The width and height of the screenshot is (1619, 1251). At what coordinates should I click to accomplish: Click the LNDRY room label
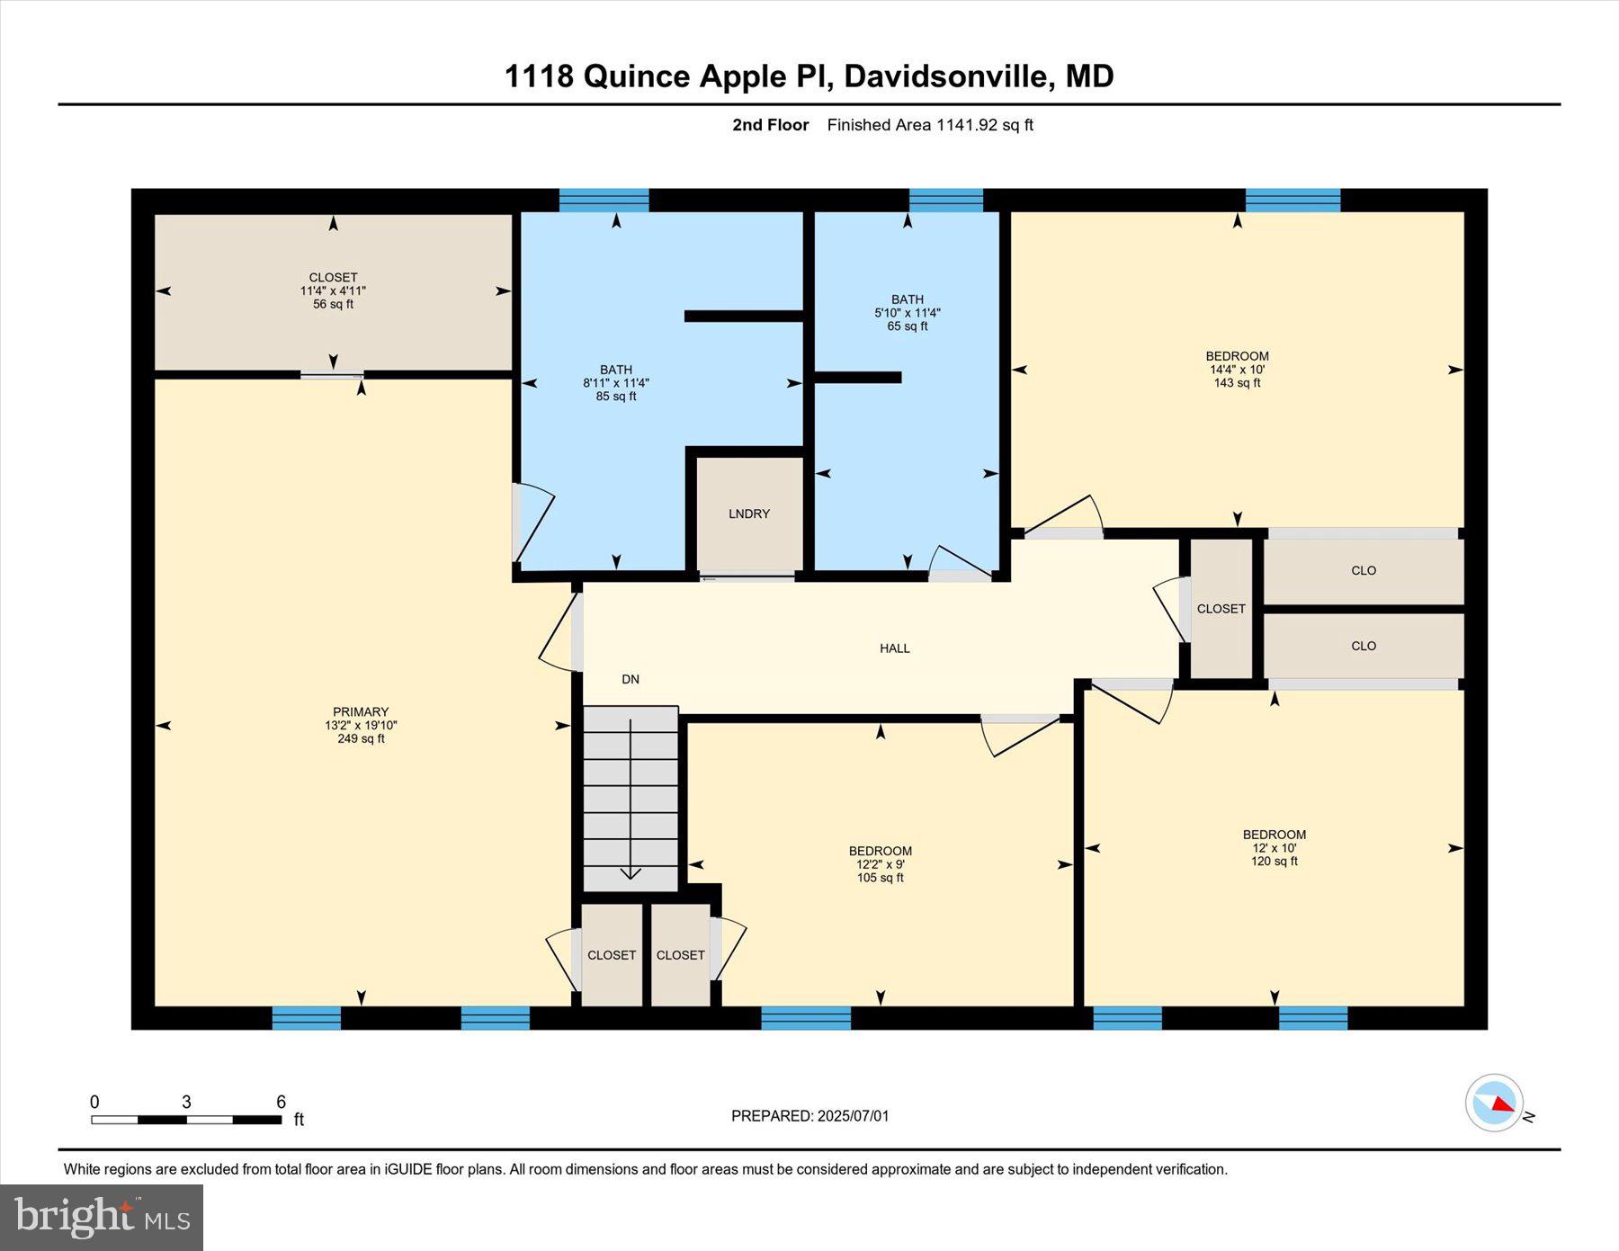[748, 514]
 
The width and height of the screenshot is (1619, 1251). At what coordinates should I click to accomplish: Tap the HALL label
[894, 648]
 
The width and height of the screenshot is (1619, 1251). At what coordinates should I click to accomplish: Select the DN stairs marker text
[631, 679]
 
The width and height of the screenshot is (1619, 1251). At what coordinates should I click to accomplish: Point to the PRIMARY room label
[361, 711]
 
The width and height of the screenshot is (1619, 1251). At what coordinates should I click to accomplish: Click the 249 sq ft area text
[361, 738]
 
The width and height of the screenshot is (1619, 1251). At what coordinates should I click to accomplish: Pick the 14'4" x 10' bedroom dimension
[1237, 369]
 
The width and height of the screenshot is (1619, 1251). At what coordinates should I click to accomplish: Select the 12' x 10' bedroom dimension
[1274, 847]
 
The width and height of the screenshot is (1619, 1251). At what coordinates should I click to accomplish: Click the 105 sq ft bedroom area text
[880, 878]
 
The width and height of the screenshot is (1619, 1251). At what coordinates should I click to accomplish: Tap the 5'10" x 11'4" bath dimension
[907, 313]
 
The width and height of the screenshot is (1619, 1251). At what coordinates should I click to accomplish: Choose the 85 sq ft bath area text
[615, 396]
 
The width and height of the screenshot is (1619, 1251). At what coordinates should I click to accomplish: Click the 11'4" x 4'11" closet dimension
[333, 290]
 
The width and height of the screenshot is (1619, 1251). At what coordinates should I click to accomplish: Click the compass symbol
[1494, 1103]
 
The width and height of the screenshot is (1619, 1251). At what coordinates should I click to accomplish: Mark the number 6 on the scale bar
[281, 1102]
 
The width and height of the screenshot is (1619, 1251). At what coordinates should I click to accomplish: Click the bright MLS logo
[102, 1217]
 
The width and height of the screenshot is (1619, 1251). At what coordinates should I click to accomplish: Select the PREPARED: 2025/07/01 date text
[809, 1115]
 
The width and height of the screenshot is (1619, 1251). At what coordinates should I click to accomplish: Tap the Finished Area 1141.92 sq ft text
[930, 125]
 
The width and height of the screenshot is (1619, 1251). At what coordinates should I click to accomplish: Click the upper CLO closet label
[1363, 570]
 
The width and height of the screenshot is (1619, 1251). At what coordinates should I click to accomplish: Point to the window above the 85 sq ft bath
[604, 200]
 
